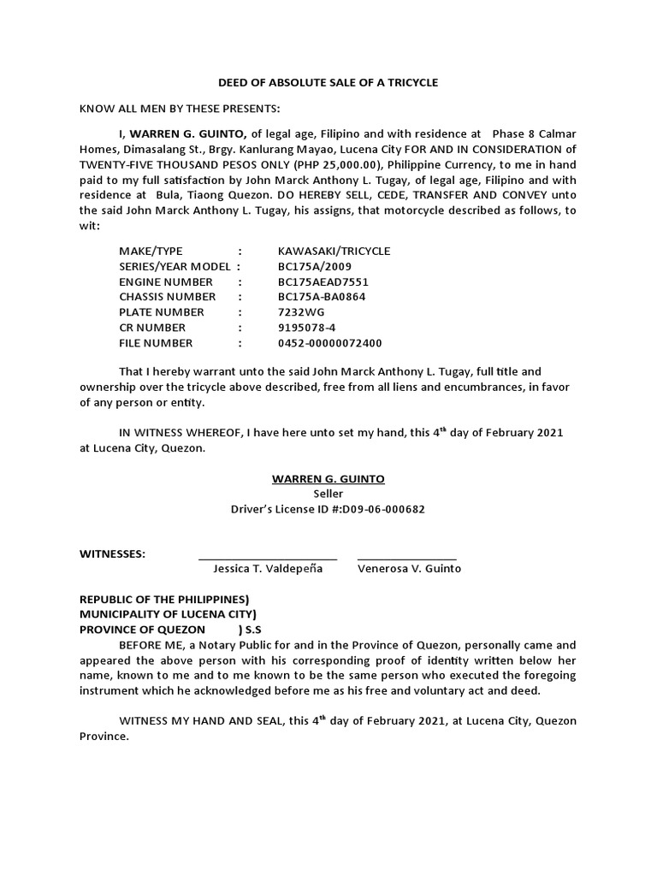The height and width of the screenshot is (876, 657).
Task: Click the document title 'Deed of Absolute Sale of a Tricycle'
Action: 328,82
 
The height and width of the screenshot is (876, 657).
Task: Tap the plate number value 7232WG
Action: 301,312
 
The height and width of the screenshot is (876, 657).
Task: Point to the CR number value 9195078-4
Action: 306,328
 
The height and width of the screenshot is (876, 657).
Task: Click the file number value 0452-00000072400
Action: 329,343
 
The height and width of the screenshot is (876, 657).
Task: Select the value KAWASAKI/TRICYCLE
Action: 334,251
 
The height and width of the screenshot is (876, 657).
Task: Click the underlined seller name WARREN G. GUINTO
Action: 328,478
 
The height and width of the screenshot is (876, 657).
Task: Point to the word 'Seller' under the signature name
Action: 328,494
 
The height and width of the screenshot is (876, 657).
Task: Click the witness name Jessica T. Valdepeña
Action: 268,569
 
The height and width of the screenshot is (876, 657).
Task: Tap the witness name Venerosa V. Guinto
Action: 409,569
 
